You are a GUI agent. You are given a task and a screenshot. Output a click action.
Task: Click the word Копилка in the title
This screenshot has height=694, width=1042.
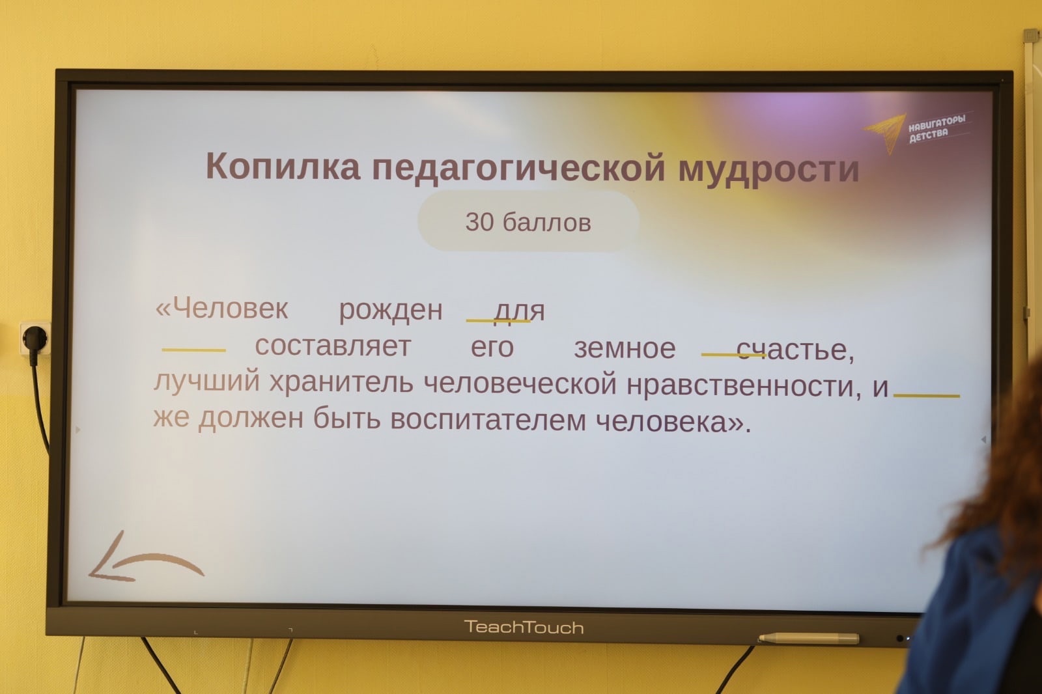(x=283, y=166)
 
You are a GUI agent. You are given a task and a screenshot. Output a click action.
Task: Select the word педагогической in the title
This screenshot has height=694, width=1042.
(x=518, y=169)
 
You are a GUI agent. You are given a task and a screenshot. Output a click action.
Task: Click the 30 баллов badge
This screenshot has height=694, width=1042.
(x=528, y=221)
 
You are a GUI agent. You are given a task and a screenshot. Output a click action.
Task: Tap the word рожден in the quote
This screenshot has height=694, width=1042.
(x=391, y=311)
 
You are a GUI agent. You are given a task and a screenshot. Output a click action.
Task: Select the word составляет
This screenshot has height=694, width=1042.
(x=333, y=346)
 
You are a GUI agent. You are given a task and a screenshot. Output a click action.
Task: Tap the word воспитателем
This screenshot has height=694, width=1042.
(x=488, y=419)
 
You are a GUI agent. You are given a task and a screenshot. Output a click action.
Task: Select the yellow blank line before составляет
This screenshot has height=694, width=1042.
(x=193, y=350)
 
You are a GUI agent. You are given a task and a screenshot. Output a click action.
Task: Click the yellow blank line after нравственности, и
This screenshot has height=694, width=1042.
(x=927, y=396)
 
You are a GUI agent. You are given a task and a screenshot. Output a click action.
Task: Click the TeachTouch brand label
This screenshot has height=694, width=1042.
(x=524, y=628)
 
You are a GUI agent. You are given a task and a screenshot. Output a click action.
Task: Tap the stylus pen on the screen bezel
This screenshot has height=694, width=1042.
(x=809, y=638)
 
